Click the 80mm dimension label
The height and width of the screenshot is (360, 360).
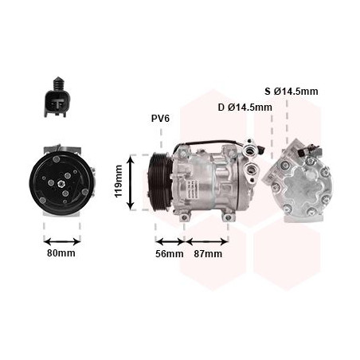[61, 253]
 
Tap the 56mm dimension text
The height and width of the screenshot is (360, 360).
[170, 254]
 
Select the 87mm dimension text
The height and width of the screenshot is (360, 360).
[208, 254]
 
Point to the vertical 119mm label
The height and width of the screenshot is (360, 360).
[118, 181]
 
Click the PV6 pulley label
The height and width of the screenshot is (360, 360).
[160, 119]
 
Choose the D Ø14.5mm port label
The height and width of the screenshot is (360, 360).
[245, 108]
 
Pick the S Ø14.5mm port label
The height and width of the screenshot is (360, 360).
[292, 92]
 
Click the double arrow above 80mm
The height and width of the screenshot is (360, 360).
[62, 241]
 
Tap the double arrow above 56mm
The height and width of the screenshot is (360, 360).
[170, 241]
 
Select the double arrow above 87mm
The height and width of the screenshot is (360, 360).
[207, 241]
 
